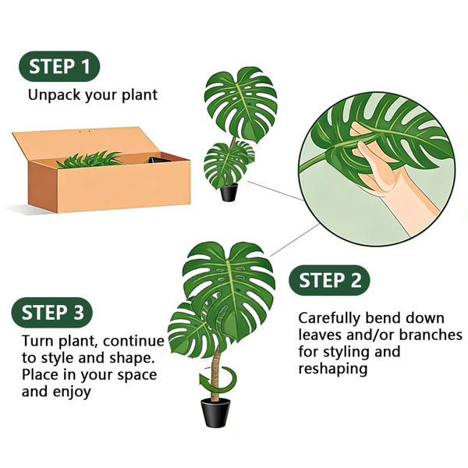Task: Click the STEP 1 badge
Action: pos(59,66)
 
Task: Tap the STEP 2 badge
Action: pos(329,280)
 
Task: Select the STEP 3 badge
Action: pos(52,313)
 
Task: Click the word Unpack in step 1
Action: pos(54,95)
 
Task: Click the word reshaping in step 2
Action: pos(333,370)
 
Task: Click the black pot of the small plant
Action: pos(229,192)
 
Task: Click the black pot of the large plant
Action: pos(215,412)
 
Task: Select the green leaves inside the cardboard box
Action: pos(90,159)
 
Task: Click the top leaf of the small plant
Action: pos(240,103)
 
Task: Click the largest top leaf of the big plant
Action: pos(229,288)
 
